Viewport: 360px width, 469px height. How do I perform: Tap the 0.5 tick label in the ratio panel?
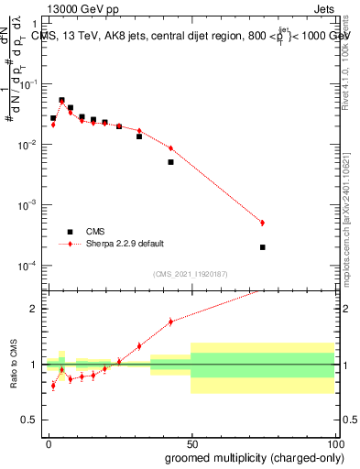point(30,421)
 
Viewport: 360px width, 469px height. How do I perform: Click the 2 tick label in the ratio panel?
point(34,309)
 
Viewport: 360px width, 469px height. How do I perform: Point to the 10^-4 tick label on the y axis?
point(27,266)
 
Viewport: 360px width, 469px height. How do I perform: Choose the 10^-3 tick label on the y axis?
point(27,205)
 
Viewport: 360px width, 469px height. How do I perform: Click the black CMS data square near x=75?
point(262,247)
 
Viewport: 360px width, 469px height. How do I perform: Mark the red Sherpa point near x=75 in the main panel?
point(262,223)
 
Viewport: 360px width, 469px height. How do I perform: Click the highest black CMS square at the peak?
point(61,100)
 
